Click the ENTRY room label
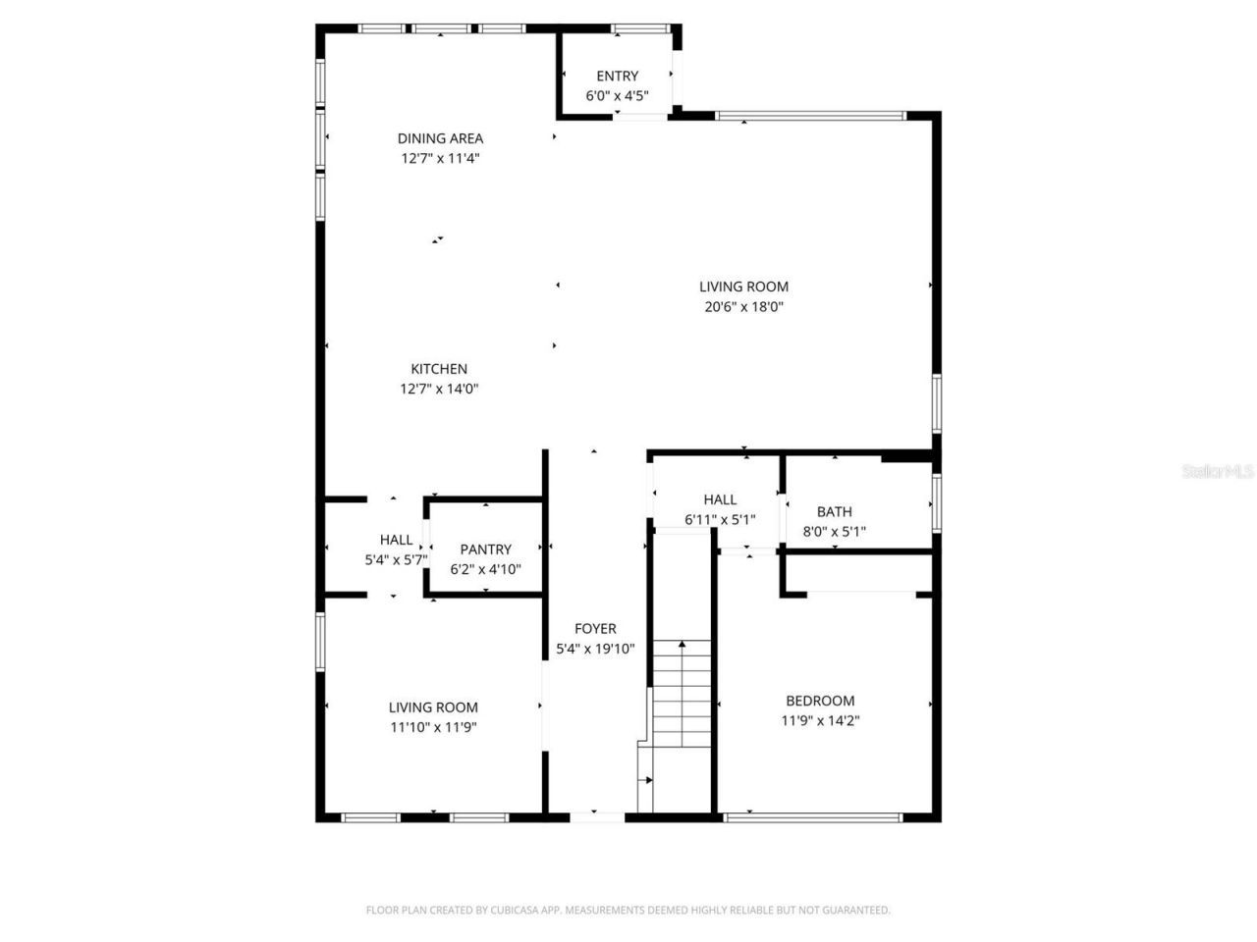tap(617, 76)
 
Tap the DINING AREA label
tap(440, 138)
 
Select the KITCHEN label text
tap(439, 369)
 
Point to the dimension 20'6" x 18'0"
tap(743, 306)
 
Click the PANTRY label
tap(485, 549)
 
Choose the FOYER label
tap(595, 629)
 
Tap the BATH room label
tap(834, 511)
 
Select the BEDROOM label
tap(820, 701)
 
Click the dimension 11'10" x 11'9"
tap(433, 727)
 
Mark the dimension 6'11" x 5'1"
tap(720, 519)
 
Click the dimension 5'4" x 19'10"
tap(595, 649)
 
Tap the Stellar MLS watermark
tap(1218, 472)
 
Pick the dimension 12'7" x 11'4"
tap(440, 158)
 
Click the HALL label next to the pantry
tap(396, 540)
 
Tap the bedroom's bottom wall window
tap(811, 815)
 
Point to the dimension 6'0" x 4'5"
tap(617, 96)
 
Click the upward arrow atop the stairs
tap(682, 645)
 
